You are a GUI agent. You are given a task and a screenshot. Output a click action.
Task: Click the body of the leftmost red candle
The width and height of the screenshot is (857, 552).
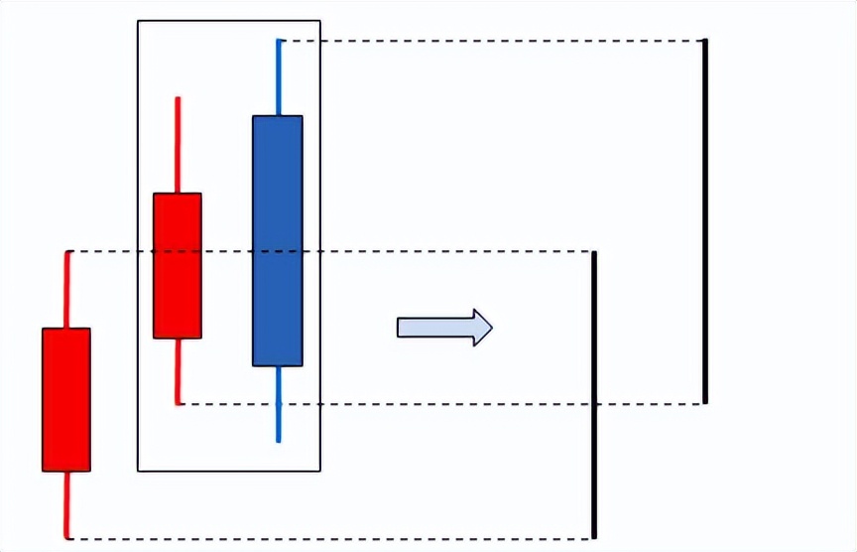click(66, 399)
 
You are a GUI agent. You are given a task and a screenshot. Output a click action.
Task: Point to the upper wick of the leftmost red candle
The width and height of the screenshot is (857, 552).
click(67, 290)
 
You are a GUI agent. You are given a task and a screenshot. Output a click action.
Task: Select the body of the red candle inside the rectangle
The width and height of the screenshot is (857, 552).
click(178, 266)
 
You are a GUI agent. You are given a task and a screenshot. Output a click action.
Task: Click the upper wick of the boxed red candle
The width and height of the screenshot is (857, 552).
click(178, 145)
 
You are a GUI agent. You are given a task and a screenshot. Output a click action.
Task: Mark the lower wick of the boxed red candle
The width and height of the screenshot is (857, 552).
click(178, 371)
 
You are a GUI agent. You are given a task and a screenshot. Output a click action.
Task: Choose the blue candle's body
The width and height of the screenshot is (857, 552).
click(278, 240)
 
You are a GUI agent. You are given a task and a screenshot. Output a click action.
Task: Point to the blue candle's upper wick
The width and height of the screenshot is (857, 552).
click(279, 77)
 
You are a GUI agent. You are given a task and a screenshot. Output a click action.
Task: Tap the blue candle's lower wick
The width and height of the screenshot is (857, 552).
click(279, 403)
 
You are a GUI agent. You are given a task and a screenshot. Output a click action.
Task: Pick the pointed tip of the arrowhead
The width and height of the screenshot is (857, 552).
click(491, 328)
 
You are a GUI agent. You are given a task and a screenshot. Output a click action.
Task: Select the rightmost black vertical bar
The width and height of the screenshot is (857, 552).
click(705, 221)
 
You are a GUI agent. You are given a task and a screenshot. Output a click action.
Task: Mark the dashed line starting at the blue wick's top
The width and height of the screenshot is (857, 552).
click(496, 41)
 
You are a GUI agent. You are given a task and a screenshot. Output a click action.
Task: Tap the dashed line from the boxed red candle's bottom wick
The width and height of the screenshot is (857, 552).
click(446, 404)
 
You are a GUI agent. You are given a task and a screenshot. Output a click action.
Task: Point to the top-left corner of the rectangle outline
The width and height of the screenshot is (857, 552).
click(138, 21)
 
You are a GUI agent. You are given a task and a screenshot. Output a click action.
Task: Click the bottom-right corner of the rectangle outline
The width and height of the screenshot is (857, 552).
click(320, 471)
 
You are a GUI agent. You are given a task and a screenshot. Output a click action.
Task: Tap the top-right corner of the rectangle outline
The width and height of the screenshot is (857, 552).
click(320, 21)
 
